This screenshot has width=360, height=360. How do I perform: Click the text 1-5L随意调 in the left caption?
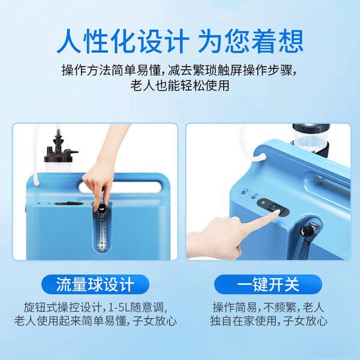click(x=144, y=305)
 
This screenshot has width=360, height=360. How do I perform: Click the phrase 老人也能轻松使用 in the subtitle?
click(x=180, y=86)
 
